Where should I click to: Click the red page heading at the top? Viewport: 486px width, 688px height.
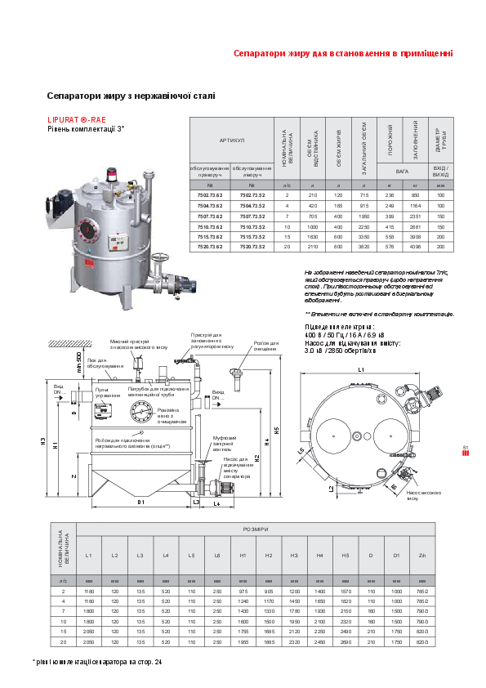(x=343, y=54)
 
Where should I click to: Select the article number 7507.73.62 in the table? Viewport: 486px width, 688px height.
(x=210, y=216)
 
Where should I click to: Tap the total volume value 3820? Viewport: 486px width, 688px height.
(x=364, y=246)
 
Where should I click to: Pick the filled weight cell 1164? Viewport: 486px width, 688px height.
(x=415, y=206)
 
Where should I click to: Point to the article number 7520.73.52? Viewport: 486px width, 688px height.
(x=252, y=246)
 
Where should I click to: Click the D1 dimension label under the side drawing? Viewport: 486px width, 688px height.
(x=140, y=502)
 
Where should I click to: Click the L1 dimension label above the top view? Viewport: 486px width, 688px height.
(x=361, y=369)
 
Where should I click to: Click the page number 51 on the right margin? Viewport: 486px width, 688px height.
(x=465, y=448)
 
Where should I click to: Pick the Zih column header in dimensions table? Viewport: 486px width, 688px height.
(x=421, y=556)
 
